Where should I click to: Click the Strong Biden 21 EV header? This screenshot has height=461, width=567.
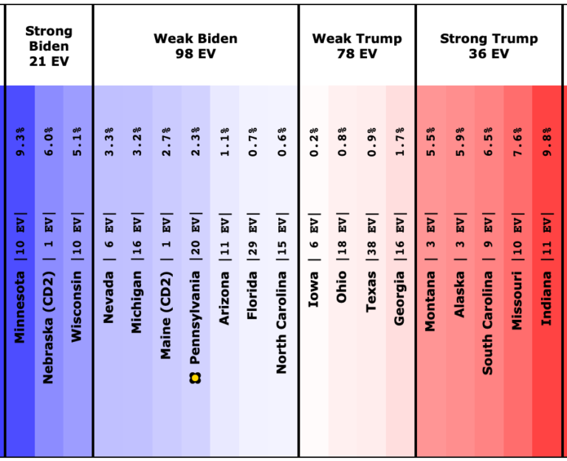[49, 46]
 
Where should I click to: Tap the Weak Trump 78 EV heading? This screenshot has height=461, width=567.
[357, 46]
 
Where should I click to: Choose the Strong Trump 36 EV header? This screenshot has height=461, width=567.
[489, 46]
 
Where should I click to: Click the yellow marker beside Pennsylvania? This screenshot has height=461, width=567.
[196, 378]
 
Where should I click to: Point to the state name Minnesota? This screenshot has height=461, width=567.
[20, 306]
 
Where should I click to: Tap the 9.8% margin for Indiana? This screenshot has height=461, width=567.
[547, 140]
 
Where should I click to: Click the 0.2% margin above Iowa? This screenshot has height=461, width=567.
[314, 140]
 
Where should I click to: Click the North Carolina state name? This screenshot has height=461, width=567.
[281, 322]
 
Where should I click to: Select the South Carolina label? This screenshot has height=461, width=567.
[488, 322]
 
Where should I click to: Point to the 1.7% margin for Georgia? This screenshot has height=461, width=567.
[400, 140]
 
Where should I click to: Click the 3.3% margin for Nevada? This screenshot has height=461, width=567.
[109, 140]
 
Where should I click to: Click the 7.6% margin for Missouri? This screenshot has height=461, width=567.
[518, 140]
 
